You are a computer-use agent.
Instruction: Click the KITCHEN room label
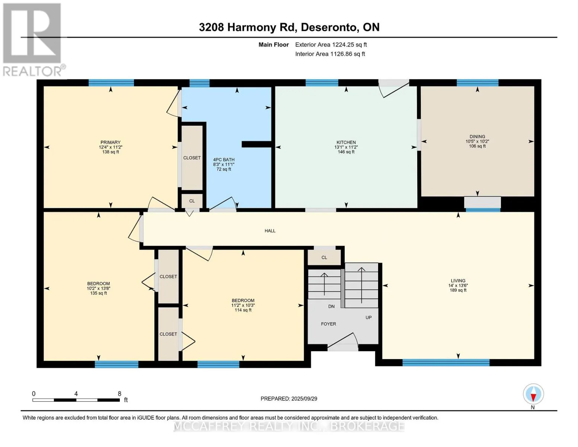[346, 142]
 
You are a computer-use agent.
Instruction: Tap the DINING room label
[478, 137]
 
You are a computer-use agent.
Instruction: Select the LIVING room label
[458, 280]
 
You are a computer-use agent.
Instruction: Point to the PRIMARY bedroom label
[111, 142]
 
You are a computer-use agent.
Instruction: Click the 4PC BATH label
[224, 160]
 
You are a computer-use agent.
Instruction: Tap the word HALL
[270, 231]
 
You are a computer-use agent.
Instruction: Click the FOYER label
[329, 324]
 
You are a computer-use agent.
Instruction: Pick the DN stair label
[331, 307]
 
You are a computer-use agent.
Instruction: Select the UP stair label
[368, 318]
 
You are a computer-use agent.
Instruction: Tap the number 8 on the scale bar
[119, 393]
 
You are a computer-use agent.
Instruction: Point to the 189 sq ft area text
[458, 290]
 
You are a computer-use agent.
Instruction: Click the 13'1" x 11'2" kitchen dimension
[346, 147]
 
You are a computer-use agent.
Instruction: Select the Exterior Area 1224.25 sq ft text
[331, 45]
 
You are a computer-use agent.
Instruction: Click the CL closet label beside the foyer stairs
[324, 257]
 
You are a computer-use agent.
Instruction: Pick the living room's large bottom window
[446, 362]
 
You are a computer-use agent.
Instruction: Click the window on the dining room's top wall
[478, 83]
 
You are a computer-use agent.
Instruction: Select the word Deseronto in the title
[329, 27]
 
